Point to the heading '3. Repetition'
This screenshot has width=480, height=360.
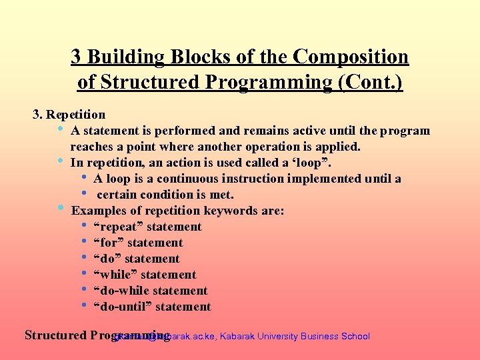(x=69, y=115)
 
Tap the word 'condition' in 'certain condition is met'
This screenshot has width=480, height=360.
(x=167, y=195)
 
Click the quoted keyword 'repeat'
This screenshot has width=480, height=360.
(x=119, y=227)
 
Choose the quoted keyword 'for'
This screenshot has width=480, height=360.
(x=109, y=243)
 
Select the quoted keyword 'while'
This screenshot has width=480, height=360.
(x=116, y=275)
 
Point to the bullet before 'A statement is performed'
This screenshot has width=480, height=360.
(x=61, y=129)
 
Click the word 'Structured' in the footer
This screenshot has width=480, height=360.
(x=55, y=335)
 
